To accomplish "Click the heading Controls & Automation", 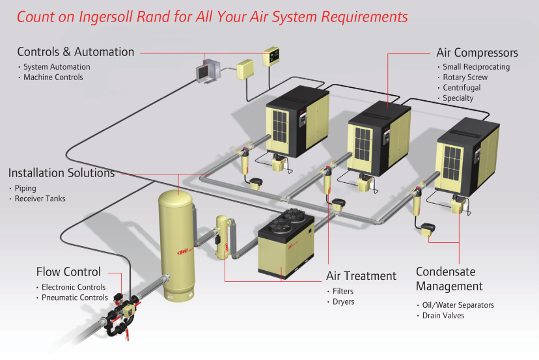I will pos(76,52).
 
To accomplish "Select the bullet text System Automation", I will pos(57,67).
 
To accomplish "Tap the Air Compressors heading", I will pos(477,53).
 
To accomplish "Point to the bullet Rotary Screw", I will pos(465,77).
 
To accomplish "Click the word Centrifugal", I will pos(462,88).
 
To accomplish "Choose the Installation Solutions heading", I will pos(61,173).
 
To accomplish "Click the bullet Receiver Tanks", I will pos(40,199).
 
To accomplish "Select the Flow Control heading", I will pos(68,272).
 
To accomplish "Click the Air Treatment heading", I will pos(361,276).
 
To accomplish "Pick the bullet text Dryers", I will pos(343,301).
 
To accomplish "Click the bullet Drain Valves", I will pos(443,316).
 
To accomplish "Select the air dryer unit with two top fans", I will pos(287,244).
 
